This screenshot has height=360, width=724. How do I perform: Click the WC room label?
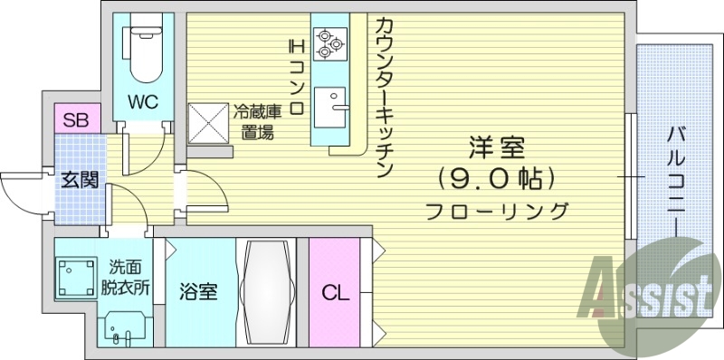pyautogui.click(x=143, y=102)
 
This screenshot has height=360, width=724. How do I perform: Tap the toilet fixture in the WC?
pyautogui.click(x=143, y=52)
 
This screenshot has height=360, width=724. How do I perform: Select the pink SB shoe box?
pyautogui.click(x=74, y=119)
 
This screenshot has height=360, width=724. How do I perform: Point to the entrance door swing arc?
pyautogui.click(x=20, y=190)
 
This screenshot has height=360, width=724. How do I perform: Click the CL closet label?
pyautogui.click(x=334, y=292)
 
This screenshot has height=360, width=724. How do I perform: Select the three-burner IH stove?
pyautogui.click(x=327, y=42)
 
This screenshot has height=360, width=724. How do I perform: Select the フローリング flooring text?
pyautogui.click(x=497, y=212)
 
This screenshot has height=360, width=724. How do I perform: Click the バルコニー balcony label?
pyautogui.click(x=675, y=172)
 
